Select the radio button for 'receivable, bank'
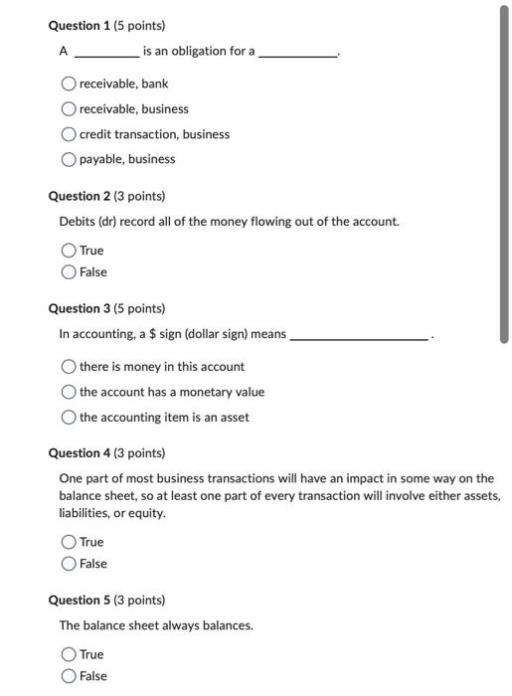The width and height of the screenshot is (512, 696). click(70, 84)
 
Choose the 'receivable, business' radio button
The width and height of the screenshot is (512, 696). click(70, 108)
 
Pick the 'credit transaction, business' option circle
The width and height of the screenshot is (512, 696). click(70, 134)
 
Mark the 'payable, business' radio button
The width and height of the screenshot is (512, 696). click(70, 159)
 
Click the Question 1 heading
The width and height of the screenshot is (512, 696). click(106, 25)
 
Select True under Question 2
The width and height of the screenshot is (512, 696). click(70, 251)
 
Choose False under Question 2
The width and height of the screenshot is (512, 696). click(70, 272)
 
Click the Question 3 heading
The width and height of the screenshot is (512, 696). click(106, 309)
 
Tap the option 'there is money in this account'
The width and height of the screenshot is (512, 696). click(70, 367)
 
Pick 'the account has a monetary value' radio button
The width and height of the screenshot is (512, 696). click(70, 392)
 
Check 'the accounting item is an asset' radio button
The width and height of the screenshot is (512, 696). click(70, 418)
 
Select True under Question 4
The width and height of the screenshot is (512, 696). click(70, 542)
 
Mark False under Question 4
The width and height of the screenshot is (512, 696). click(70, 564)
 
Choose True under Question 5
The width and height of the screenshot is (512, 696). click(70, 654)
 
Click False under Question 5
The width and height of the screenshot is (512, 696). click(70, 676)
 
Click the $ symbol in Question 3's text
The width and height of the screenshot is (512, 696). click(151, 334)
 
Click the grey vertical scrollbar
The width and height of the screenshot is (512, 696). click(503, 174)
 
